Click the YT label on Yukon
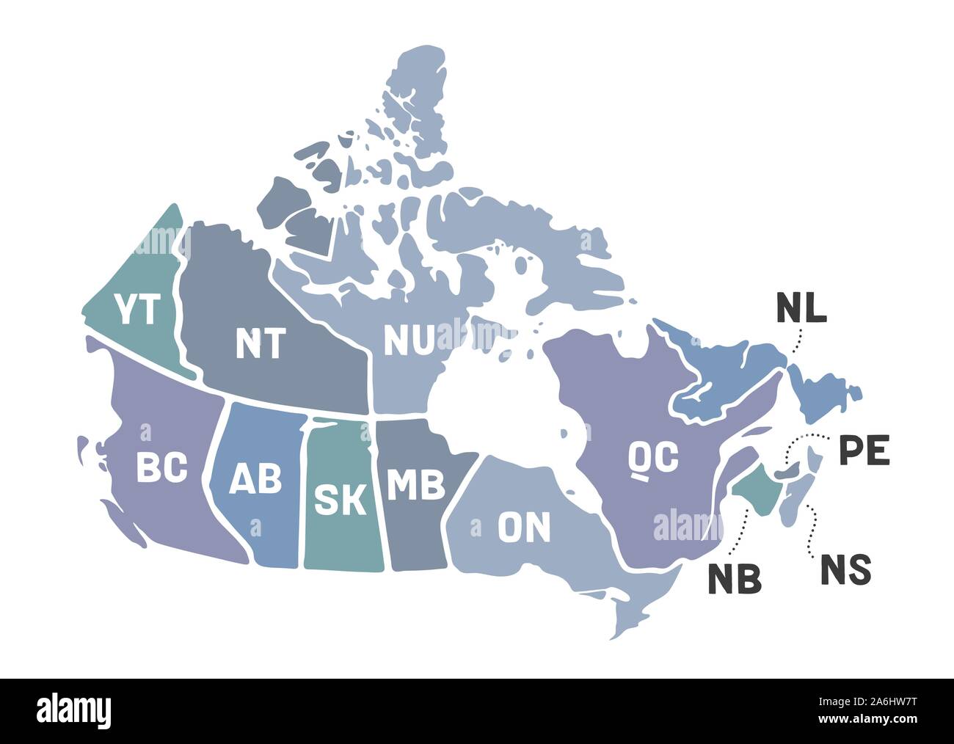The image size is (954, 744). point(138,310)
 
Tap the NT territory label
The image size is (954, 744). point(259,343)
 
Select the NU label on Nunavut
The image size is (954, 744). point(409,339)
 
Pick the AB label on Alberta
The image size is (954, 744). point(255,480)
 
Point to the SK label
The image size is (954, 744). point(340,499)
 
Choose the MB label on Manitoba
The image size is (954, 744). point(415,484)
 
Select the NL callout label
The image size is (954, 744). point(801,309)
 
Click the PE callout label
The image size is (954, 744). point(864,451)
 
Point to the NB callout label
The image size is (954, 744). point(734,579)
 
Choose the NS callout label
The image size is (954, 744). point(845,570)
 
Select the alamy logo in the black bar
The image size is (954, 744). point(74,710)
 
